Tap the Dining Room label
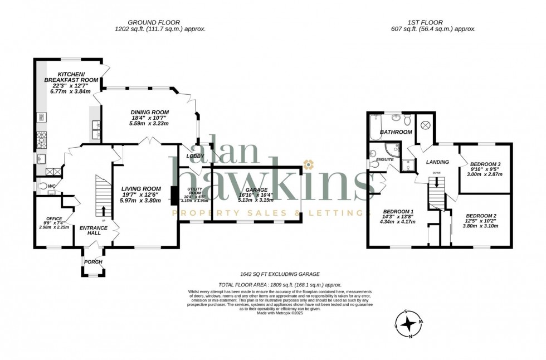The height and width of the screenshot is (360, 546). click(149, 112)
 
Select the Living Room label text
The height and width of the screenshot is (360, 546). click(141, 188)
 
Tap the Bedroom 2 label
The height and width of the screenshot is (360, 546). click(481, 216)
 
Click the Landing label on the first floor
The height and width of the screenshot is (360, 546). click(437, 162)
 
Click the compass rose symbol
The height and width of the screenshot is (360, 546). click(409, 324)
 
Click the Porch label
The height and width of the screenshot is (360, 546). click(93, 261)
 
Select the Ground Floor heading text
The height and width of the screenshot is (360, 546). click(154, 22)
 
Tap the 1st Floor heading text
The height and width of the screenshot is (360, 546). click(421, 22)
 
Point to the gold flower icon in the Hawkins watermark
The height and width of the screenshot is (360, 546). click(308, 164)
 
